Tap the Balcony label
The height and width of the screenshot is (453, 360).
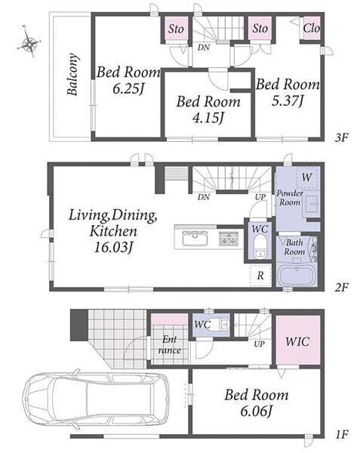[72, 74]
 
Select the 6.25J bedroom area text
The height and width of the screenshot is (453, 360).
[128, 88]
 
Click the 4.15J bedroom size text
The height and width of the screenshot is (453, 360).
[208, 118]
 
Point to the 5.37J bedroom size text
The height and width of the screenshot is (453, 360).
[288, 100]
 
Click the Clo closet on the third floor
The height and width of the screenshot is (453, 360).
[312, 29]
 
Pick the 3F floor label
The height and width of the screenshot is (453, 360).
[342, 137]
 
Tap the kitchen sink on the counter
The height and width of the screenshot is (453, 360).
[195, 238]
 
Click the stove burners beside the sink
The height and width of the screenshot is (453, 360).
[229, 239]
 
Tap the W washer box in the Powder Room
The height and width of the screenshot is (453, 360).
[307, 177]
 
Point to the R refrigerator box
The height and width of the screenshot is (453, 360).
[260, 275]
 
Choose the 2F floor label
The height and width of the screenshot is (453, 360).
[342, 287]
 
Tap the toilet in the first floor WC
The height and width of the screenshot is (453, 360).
[223, 325]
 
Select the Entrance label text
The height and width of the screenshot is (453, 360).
[169, 344]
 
